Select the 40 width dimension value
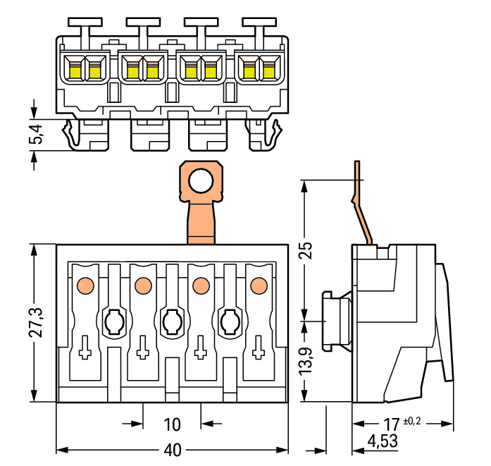pyautogui.click(x=173, y=449)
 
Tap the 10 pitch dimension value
pyautogui.click(x=173, y=424)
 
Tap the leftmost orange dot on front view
pyautogui.click(x=85, y=285)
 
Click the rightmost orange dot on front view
pyautogui.click(x=258, y=285)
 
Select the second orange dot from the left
pyautogui.click(x=142, y=285)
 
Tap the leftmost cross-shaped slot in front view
pyautogui.click(x=85, y=348)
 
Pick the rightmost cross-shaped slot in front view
pyautogui.click(x=258, y=348)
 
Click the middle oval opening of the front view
pyautogui.click(x=171, y=322)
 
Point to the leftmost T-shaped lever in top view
pyautogui.click(x=85, y=27)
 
